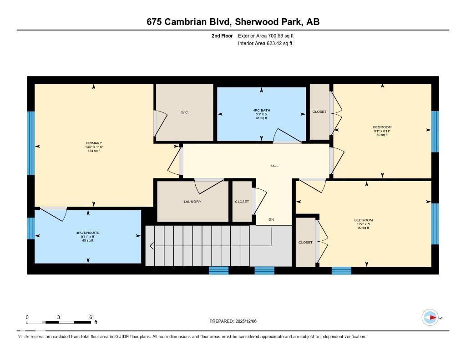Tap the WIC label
184,112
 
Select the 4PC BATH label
261,110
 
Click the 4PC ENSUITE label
88,233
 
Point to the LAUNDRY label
192,202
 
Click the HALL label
274,166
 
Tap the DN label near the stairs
271,220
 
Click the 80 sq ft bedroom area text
382,135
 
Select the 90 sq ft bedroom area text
363,228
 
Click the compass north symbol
430,318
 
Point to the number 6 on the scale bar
91,317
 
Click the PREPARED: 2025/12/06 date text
236,321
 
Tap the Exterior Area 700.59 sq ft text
269,35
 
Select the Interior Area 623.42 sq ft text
265,44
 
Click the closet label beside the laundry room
242,202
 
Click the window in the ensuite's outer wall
30,228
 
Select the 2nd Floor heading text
222,35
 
